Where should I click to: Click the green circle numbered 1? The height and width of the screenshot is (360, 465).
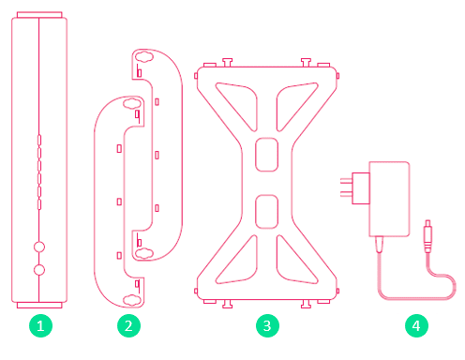[x=40, y=326]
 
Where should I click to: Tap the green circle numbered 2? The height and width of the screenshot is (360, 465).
[x=128, y=326]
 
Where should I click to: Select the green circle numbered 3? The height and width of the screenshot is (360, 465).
[x=267, y=326]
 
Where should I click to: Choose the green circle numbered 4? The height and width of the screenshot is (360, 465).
[x=416, y=326]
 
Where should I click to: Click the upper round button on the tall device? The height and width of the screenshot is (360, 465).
[x=39, y=247]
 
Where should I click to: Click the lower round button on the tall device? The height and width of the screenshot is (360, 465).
[x=39, y=270]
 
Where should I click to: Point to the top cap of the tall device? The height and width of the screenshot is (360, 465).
[x=39, y=15]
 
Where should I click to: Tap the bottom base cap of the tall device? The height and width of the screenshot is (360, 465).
[x=39, y=305]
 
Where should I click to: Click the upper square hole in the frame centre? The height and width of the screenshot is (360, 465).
[x=267, y=155]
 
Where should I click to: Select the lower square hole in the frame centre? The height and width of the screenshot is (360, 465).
[x=267, y=212]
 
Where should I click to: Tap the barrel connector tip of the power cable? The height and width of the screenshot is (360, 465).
[x=427, y=236]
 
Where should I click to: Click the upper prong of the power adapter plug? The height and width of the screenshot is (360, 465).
[x=346, y=180]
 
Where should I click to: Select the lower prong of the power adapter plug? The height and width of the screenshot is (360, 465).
[x=346, y=194]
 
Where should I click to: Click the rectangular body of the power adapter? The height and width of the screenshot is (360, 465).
[x=389, y=199]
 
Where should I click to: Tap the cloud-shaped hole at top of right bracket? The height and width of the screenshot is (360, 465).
[x=143, y=56]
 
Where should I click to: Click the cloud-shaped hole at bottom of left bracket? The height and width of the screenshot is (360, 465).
[x=131, y=300]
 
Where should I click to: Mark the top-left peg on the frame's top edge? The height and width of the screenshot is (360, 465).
[x=227, y=62]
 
